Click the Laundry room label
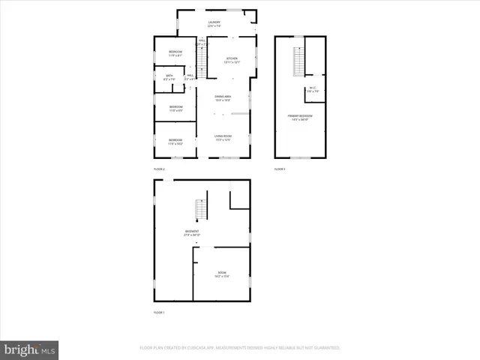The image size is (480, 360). pyautogui.click(x=214, y=22)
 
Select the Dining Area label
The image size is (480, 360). pyautogui.click(x=222, y=97)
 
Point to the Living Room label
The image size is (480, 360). pyautogui.click(x=222, y=136)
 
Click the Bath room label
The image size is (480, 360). pyautogui.click(x=169, y=76)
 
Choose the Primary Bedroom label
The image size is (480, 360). pyautogui.click(x=300, y=115)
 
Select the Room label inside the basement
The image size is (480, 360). pyautogui.click(x=222, y=272)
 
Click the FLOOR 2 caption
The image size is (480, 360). pyautogui.click(x=159, y=169)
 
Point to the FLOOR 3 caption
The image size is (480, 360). pyautogui.click(x=280, y=169)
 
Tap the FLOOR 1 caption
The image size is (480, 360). pyautogui.click(x=159, y=312)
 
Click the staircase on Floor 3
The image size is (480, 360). pyautogui.click(x=298, y=61)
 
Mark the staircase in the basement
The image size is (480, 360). pyautogui.click(x=200, y=210)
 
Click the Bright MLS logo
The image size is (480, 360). pyautogui.click(x=29, y=349)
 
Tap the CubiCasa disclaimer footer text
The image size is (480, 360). pyautogui.click(x=240, y=348)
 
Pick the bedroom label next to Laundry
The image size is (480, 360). pyautogui.click(x=175, y=51)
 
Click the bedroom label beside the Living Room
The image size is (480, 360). pyautogui.click(x=175, y=140)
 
